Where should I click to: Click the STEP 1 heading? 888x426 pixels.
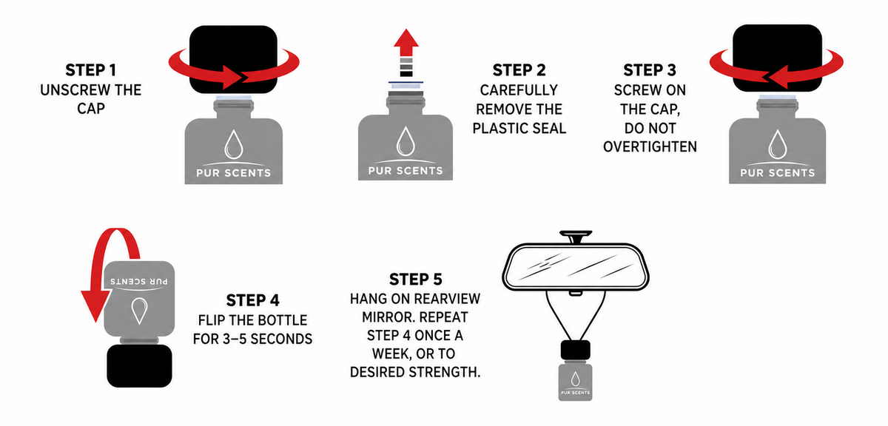coord(91,70)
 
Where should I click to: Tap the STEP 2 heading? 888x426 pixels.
coord(519,70)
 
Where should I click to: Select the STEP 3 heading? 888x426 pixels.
coord(650,70)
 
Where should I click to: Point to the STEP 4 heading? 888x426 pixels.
coord(252,300)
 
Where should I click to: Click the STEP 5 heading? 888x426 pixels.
coord(415,280)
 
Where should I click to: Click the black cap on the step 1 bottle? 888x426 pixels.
coord(233,59)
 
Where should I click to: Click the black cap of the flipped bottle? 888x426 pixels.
coord(139,366)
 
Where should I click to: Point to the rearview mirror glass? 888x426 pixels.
coord(576,266)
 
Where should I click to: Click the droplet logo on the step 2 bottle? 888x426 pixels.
coord(406,141)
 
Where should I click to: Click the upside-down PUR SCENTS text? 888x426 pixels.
coord(139,281)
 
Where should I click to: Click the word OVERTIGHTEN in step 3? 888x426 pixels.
coord(650,147)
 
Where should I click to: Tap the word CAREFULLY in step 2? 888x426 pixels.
coord(519,90)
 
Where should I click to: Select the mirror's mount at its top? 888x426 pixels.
coord(576,237)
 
